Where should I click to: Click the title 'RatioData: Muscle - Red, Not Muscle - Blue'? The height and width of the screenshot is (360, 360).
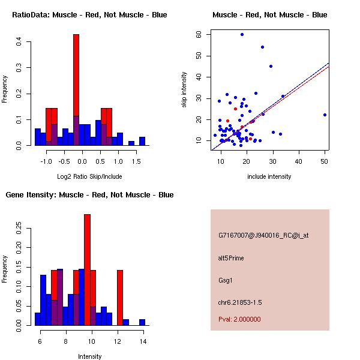click(89, 14)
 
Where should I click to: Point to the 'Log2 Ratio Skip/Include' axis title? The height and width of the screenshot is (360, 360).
click(89, 176)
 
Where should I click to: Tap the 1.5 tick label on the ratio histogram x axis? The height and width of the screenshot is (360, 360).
click(137, 161)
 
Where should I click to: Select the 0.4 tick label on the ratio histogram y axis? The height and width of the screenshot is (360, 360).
click(19, 42)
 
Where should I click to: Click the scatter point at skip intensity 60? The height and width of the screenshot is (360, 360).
click(242, 35)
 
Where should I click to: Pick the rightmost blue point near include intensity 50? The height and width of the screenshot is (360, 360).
click(325, 115)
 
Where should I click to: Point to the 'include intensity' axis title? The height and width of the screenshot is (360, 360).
click(269, 176)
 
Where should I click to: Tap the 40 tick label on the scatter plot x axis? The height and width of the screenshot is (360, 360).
click(299, 161)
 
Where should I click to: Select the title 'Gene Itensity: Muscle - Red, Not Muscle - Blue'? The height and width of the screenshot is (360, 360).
click(89, 194)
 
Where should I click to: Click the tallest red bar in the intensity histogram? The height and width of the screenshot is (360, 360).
click(87, 270)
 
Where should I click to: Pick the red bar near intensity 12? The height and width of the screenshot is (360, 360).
click(120, 294)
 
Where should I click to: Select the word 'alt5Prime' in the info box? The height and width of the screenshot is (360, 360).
click(231, 258)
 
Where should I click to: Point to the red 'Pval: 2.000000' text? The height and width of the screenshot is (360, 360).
click(239, 319)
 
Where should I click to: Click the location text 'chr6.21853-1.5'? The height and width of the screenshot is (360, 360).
click(240, 301)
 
